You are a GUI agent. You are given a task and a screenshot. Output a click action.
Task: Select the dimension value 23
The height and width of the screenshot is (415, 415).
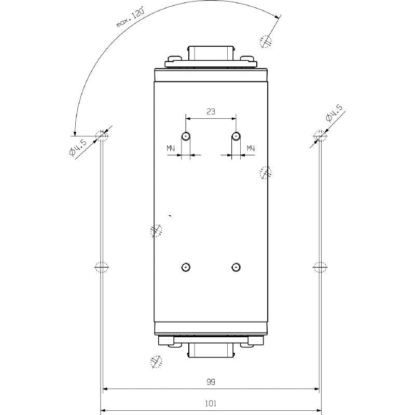211,111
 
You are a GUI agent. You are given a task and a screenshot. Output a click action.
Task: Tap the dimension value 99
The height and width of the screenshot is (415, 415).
211,382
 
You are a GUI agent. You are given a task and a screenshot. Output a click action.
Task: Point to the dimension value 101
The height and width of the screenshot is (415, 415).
211,403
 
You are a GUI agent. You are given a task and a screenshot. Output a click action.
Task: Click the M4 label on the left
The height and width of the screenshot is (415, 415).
171,149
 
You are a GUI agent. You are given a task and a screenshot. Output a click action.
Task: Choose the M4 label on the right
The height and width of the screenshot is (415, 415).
251,149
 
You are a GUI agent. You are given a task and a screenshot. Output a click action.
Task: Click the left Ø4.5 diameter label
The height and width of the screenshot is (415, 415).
80,146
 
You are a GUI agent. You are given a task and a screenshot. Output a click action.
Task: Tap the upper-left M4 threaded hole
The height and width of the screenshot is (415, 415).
186,136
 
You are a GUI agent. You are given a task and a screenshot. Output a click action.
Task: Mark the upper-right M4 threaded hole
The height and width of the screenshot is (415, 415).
236,136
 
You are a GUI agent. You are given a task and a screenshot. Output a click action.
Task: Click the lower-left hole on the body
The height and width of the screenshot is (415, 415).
186,267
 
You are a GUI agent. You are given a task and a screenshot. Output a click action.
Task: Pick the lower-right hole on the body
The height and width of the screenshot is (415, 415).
236,267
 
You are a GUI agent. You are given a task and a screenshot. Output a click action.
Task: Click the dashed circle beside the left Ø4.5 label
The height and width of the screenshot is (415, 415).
102,135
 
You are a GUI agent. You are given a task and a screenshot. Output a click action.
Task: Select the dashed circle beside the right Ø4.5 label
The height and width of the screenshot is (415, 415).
320,135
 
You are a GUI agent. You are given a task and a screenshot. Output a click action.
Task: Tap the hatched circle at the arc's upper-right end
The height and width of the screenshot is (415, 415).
266,41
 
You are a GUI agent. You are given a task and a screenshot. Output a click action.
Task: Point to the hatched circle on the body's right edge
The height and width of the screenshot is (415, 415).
265,172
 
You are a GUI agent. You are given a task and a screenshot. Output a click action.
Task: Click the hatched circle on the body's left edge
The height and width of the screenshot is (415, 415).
156,230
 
